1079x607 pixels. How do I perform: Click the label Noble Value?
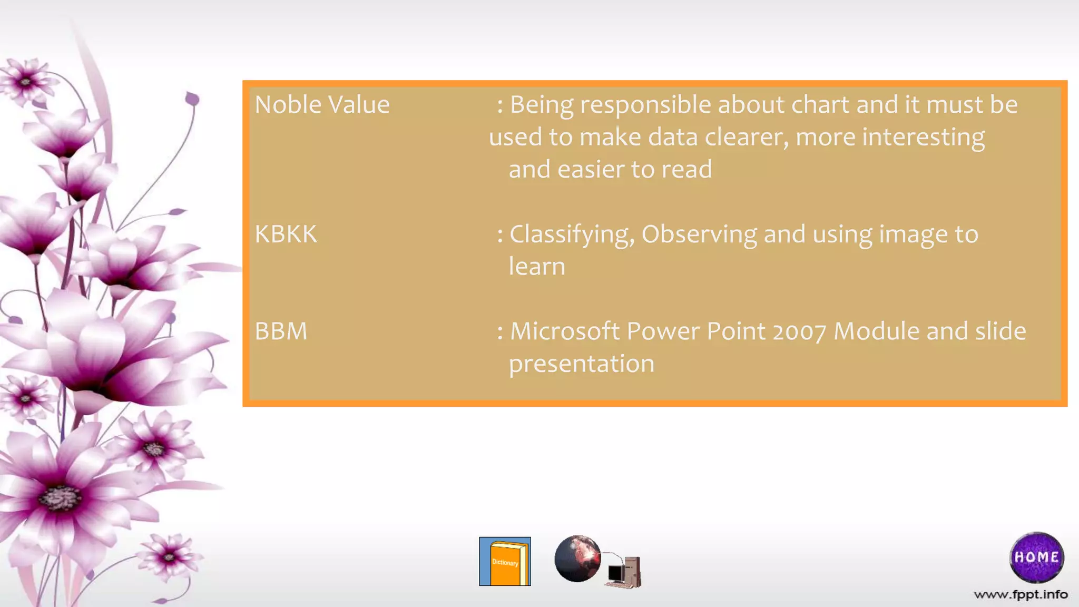point(322,104)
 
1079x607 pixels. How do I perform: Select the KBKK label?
point(286,234)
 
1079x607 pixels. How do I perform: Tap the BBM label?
point(281,331)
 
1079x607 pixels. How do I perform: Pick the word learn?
point(537,267)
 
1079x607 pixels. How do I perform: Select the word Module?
point(877,331)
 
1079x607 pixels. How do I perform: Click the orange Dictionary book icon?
point(505,562)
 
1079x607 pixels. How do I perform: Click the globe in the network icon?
point(577,559)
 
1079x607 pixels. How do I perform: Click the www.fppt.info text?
point(1021,595)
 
